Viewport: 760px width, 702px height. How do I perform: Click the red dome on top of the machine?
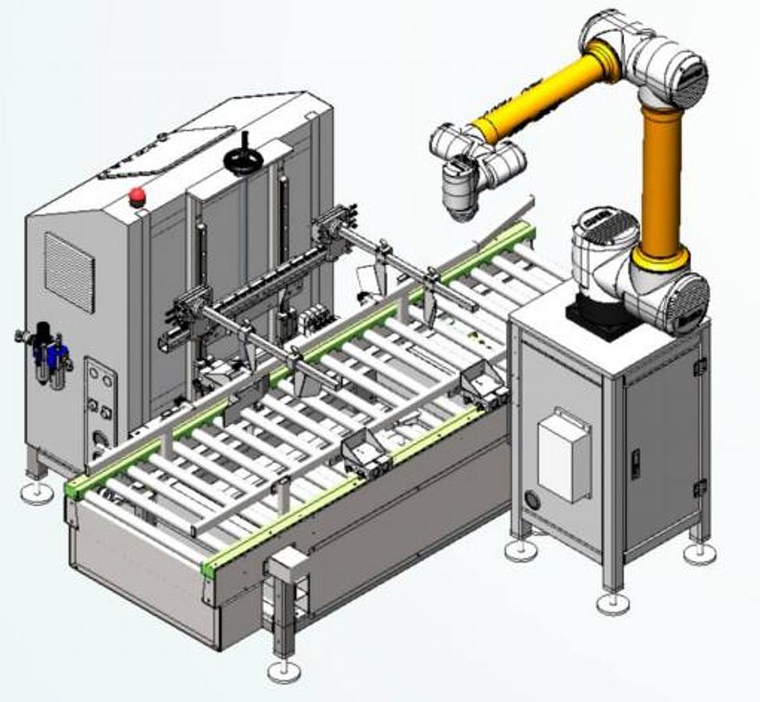137,195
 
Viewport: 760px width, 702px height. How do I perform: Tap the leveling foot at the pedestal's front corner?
613,603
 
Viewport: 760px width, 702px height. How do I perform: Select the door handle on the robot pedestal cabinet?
635,463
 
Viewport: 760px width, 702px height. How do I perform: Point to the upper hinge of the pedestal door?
700,366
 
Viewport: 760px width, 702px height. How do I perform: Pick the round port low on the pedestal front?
532,498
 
